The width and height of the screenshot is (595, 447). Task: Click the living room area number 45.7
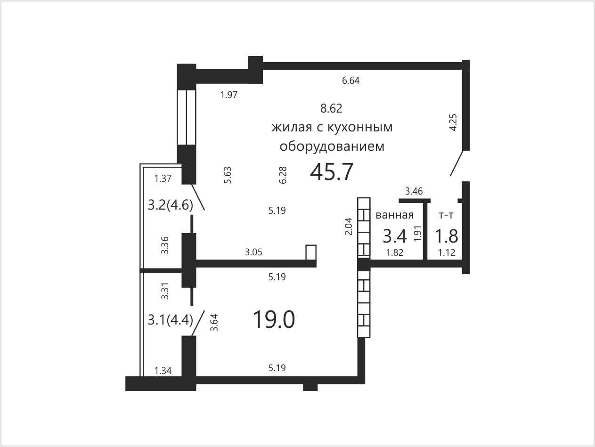(x=332, y=172)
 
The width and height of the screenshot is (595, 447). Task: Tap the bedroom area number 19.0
(x=274, y=320)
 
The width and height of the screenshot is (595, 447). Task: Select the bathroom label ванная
(x=395, y=215)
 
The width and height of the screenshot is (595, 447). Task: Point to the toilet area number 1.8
(x=447, y=236)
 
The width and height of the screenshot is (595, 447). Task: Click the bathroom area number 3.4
(x=395, y=236)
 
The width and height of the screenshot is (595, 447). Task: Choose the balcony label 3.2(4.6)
(x=170, y=205)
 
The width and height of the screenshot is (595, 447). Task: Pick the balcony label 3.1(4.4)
(x=170, y=320)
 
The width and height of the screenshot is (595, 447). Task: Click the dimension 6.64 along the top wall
(x=351, y=81)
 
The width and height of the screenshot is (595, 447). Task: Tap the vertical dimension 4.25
(x=453, y=122)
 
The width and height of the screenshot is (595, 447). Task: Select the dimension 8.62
(x=331, y=108)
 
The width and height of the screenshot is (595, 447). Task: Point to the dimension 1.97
(x=229, y=95)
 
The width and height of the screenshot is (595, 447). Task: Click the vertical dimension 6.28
(x=283, y=175)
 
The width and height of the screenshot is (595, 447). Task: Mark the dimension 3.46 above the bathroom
(x=414, y=191)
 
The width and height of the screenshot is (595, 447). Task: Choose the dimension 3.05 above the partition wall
(x=254, y=252)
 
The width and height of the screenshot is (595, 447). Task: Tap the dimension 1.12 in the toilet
(x=447, y=252)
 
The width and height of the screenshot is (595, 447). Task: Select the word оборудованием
(x=332, y=146)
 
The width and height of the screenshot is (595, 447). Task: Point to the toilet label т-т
(x=446, y=216)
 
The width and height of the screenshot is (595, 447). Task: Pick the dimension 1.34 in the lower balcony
(x=163, y=371)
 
